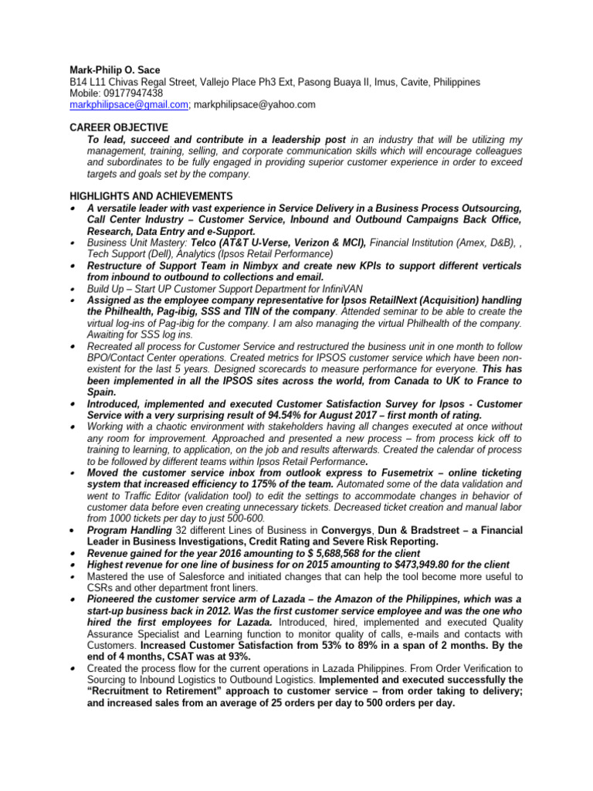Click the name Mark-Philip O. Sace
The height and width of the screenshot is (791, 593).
(x=115, y=70)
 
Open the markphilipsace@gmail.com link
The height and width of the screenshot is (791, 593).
(x=128, y=104)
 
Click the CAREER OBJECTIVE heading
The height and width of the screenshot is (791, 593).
(x=118, y=127)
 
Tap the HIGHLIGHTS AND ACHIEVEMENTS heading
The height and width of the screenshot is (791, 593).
(x=151, y=195)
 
